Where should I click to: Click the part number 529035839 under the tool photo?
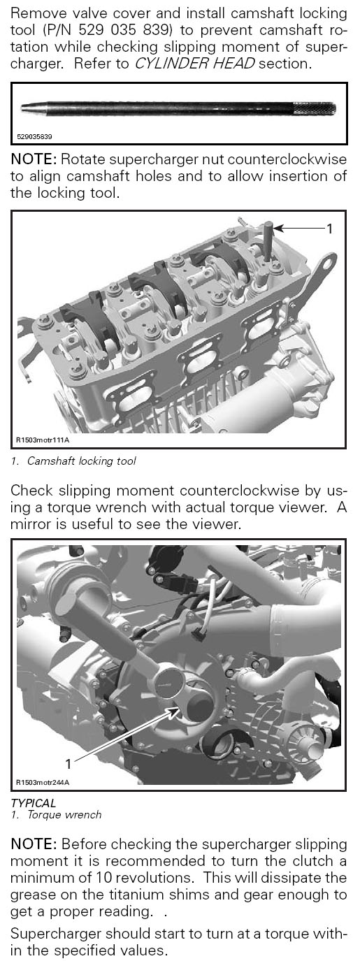(34, 137)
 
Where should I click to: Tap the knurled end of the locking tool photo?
(315, 109)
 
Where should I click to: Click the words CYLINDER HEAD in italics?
(195, 64)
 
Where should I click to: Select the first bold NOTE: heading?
(34, 159)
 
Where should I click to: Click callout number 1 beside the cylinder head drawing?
(329, 229)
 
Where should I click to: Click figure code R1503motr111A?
(43, 440)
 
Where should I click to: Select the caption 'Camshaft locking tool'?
(82, 461)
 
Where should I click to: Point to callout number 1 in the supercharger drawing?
(69, 763)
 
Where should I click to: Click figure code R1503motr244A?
(43, 782)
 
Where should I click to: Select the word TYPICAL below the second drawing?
(33, 803)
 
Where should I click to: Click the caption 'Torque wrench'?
(64, 815)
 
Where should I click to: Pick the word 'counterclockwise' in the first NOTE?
(287, 159)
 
